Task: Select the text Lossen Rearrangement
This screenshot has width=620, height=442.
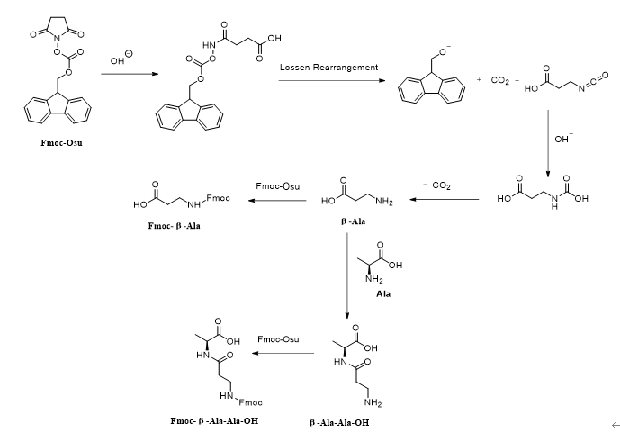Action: pyautogui.click(x=328, y=68)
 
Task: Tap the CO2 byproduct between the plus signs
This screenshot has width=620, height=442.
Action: pyautogui.click(x=500, y=81)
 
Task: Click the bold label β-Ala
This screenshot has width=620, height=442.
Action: pyautogui.click(x=352, y=219)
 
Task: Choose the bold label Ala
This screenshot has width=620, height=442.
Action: pyautogui.click(x=382, y=293)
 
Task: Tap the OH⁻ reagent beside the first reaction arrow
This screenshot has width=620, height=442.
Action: pyautogui.click(x=121, y=59)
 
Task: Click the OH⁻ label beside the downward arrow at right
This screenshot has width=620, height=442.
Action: pyautogui.click(x=563, y=140)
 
